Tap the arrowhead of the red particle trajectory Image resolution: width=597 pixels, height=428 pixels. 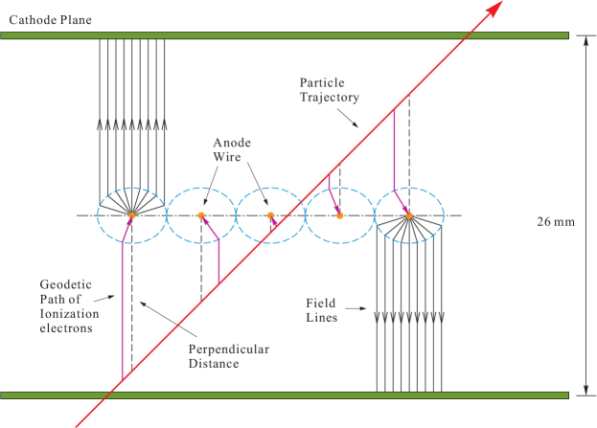(494, 10)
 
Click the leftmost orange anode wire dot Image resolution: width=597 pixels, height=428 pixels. (132, 215)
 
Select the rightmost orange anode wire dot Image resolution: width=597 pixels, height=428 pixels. (409, 215)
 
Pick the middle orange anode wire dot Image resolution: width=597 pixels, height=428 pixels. (270, 215)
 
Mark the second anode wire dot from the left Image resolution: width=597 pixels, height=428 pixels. (201, 215)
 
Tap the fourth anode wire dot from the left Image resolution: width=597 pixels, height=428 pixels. (339, 215)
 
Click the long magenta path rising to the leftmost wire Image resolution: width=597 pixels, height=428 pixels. (125, 306)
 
